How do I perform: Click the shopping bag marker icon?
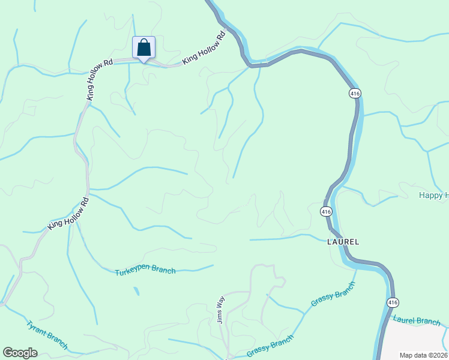(143, 47)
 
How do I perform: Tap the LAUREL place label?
(343, 242)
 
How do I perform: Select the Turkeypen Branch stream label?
(145, 270)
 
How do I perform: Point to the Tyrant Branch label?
(47, 335)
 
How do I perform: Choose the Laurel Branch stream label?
(418, 321)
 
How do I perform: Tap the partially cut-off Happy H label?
(433, 196)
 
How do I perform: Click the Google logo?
(20, 353)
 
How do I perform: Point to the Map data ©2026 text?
(423, 355)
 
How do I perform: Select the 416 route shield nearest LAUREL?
(326, 211)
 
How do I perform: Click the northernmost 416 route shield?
(355, 93)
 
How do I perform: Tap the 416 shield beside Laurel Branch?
(392, 302)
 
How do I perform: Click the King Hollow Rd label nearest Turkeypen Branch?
(68, 215)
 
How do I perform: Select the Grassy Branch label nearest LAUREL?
(333, 298)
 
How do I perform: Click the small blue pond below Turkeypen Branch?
(137, 292)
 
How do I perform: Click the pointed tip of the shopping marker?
(143, 62)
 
